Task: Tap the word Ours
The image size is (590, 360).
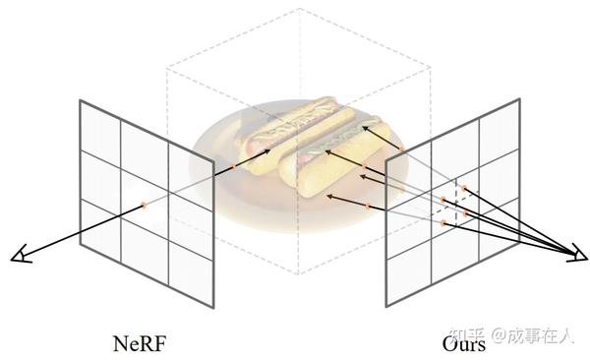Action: [x=462, y=343]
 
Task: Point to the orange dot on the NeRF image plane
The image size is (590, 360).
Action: [x=143, y=205]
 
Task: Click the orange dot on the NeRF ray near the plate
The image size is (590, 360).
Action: [x=232, y=169]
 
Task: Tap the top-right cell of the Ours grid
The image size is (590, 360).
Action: [x=497, y=128]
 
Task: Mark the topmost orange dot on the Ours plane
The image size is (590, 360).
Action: [x=457, y=184]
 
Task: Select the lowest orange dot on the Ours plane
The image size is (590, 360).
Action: [x=444, y=224]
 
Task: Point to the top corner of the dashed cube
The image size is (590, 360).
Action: [x=297, y=10]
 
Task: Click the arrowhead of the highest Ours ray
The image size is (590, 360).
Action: [x=365, y=126]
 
